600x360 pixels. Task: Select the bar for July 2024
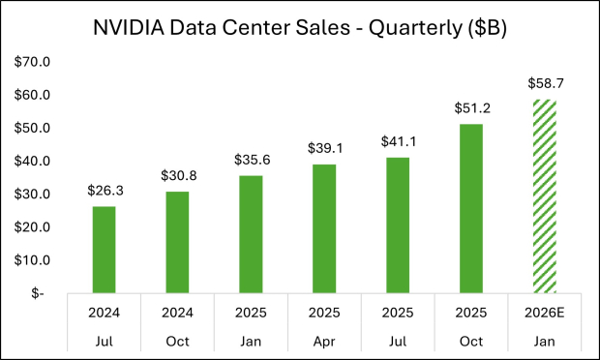coord(104,249)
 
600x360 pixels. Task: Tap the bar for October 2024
coord(177,242)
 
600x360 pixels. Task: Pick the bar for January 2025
coord(251,233)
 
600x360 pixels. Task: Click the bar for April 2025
coord(324,228)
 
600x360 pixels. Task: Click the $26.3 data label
coord(104,192)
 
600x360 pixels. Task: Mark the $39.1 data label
coord(324,149)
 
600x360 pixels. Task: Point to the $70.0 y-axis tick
coord(35,62)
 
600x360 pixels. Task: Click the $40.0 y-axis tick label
coord(35,161)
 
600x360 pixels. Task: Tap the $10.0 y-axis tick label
coord(35,259)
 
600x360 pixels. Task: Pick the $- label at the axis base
coord(39,293)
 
